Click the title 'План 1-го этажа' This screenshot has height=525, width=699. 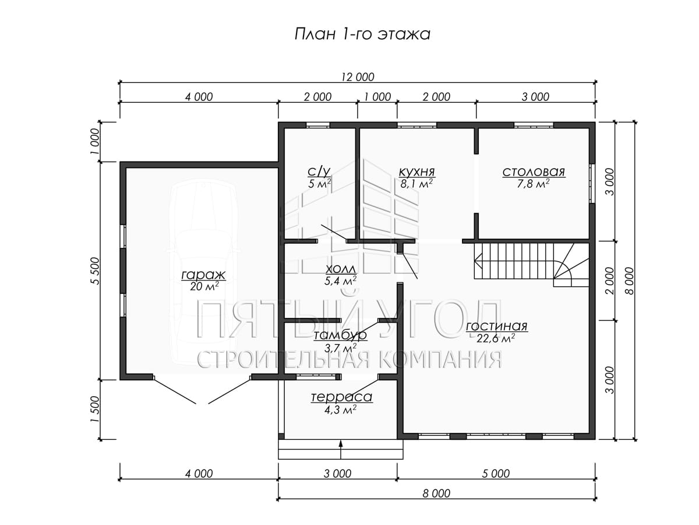(x=362, y=34)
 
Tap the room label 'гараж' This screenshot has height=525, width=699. (x=203, y=274)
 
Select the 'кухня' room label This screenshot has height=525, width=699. (x=417, y=172)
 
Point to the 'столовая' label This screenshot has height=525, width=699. (x=534, y=172)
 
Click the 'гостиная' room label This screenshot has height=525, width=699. (x=496, y=326)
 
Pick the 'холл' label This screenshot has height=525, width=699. (x=340, y=269)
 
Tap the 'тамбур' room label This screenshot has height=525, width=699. (x=340, y=335)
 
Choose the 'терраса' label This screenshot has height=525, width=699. (x=341, y=397)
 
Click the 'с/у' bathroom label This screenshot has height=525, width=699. (x=319, y=172)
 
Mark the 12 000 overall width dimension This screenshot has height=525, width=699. (x=358, y=77)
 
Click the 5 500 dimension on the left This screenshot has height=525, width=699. (x=96, y=271)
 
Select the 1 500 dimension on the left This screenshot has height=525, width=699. (x=96, y=409)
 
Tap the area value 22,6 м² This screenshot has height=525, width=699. (x=496, y=338)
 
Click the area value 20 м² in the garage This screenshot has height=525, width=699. (x=204, y=286)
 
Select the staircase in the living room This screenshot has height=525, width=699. (x=531, y=265)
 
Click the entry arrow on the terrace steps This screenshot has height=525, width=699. (x=341, y=449)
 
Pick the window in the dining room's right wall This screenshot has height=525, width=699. (x=592, y=184)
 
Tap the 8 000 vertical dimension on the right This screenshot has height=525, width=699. (x=630, y=281)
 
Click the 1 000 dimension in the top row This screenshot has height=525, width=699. (x=377, y=97)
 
